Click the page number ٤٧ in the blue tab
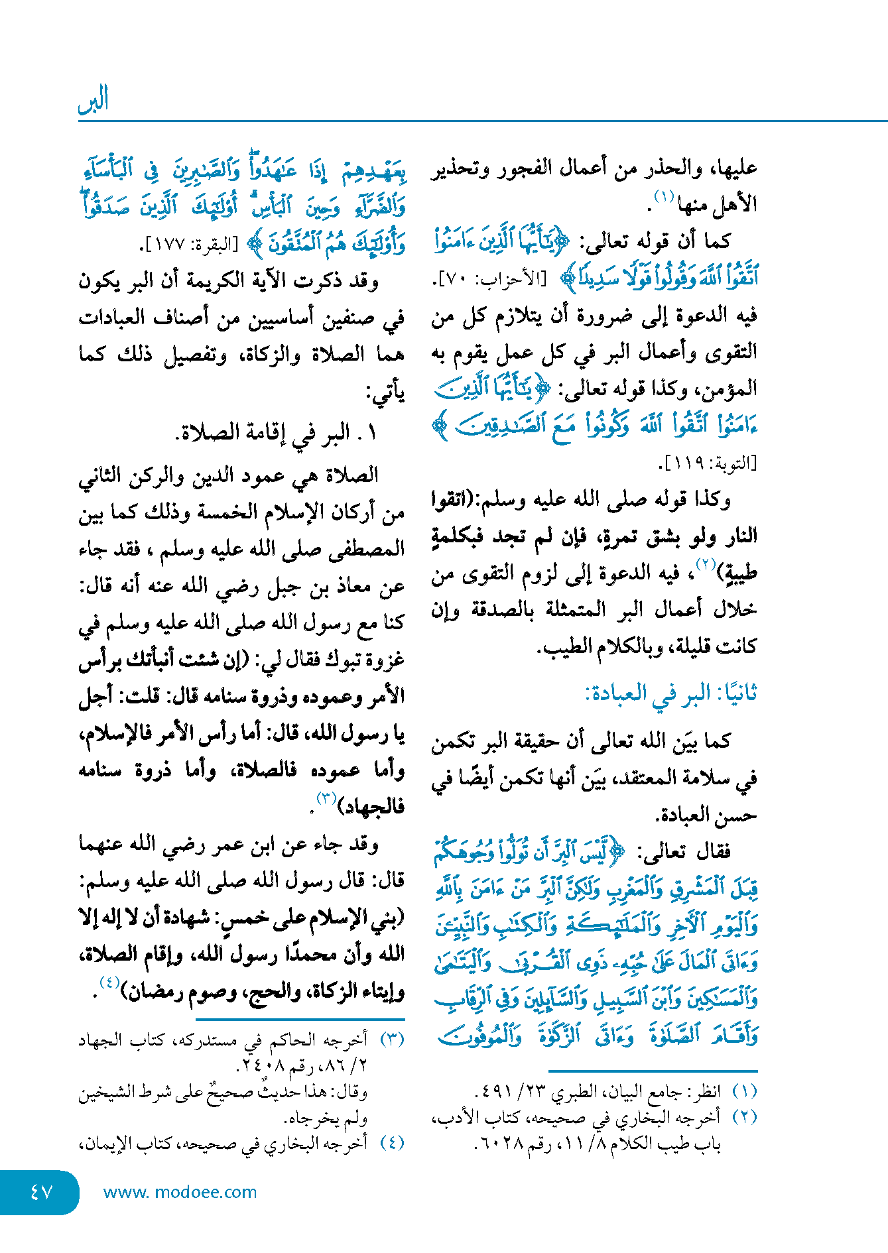(40, 1191)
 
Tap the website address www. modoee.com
(180, 1192)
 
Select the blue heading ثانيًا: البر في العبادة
(670, 693)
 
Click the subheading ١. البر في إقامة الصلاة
(276, 433)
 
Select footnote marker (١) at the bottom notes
(744, 1091)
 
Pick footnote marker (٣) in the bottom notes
(392, 1040)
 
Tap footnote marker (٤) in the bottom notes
(392, 1142)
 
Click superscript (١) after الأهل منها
(664, 196)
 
